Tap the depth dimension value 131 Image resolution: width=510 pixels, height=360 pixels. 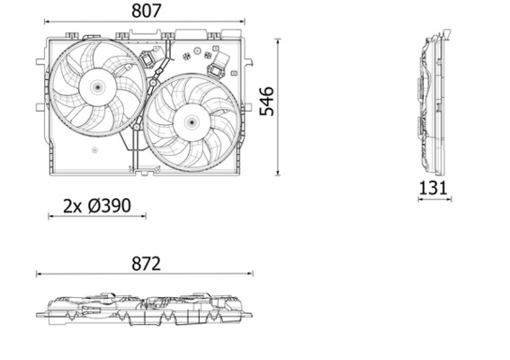(434, 187)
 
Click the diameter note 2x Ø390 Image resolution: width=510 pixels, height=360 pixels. (97, 205)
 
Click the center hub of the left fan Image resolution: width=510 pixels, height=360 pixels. (96, 86)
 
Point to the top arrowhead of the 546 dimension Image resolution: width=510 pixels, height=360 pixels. (277, 40)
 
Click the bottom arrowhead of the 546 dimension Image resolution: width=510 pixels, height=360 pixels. (277, 173)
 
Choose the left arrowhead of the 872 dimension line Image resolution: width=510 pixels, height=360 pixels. (38, 274)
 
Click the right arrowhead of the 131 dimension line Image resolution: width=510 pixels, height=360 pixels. (450, 199)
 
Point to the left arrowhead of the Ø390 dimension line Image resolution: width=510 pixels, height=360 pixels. (49, 217)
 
